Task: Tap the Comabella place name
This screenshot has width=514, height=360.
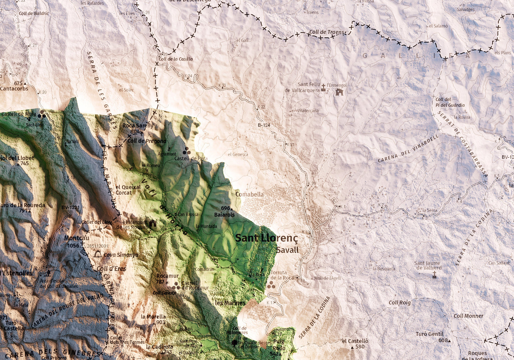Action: (x=249, y=194)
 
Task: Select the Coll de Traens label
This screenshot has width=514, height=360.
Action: (x=327, y=32)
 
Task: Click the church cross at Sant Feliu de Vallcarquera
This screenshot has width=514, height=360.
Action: (x=323, y=87)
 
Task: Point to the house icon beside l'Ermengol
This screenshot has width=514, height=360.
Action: (x=339, y=92)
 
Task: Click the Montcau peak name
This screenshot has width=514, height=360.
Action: (x=76, y=238)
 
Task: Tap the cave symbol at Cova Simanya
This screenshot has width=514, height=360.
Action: (x=97, y=254)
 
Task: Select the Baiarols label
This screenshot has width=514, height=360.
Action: (x=224, y=215)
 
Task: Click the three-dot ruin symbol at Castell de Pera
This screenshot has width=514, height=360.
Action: (x=186, y=151)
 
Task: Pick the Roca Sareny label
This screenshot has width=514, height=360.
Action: (x=138, y=125)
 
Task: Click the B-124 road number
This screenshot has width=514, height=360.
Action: (x=264, y=125)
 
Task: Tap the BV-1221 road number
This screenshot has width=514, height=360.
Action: (x=70, y=207)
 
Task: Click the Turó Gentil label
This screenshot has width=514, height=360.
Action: (x=430, y=334)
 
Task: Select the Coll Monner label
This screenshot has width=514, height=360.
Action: (x=468, y=316)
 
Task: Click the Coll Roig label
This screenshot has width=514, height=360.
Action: (x=399, y=303)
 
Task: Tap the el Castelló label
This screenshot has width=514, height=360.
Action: (x=355, y=341)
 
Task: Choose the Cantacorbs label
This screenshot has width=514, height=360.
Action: (x=14, y=89)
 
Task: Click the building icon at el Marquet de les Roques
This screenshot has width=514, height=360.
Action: (x=153, y=224)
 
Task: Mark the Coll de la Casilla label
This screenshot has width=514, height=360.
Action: (x=176, y=59)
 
